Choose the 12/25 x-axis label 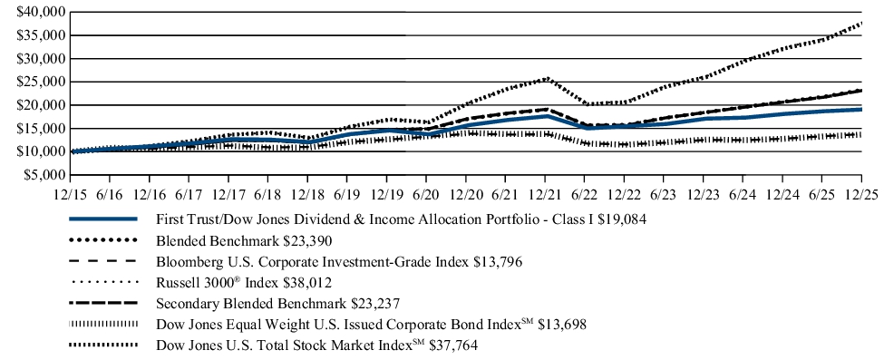[860, 194]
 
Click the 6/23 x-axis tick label [663, 194]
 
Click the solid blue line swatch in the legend [102, 219]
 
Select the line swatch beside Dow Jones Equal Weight [102, 324]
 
